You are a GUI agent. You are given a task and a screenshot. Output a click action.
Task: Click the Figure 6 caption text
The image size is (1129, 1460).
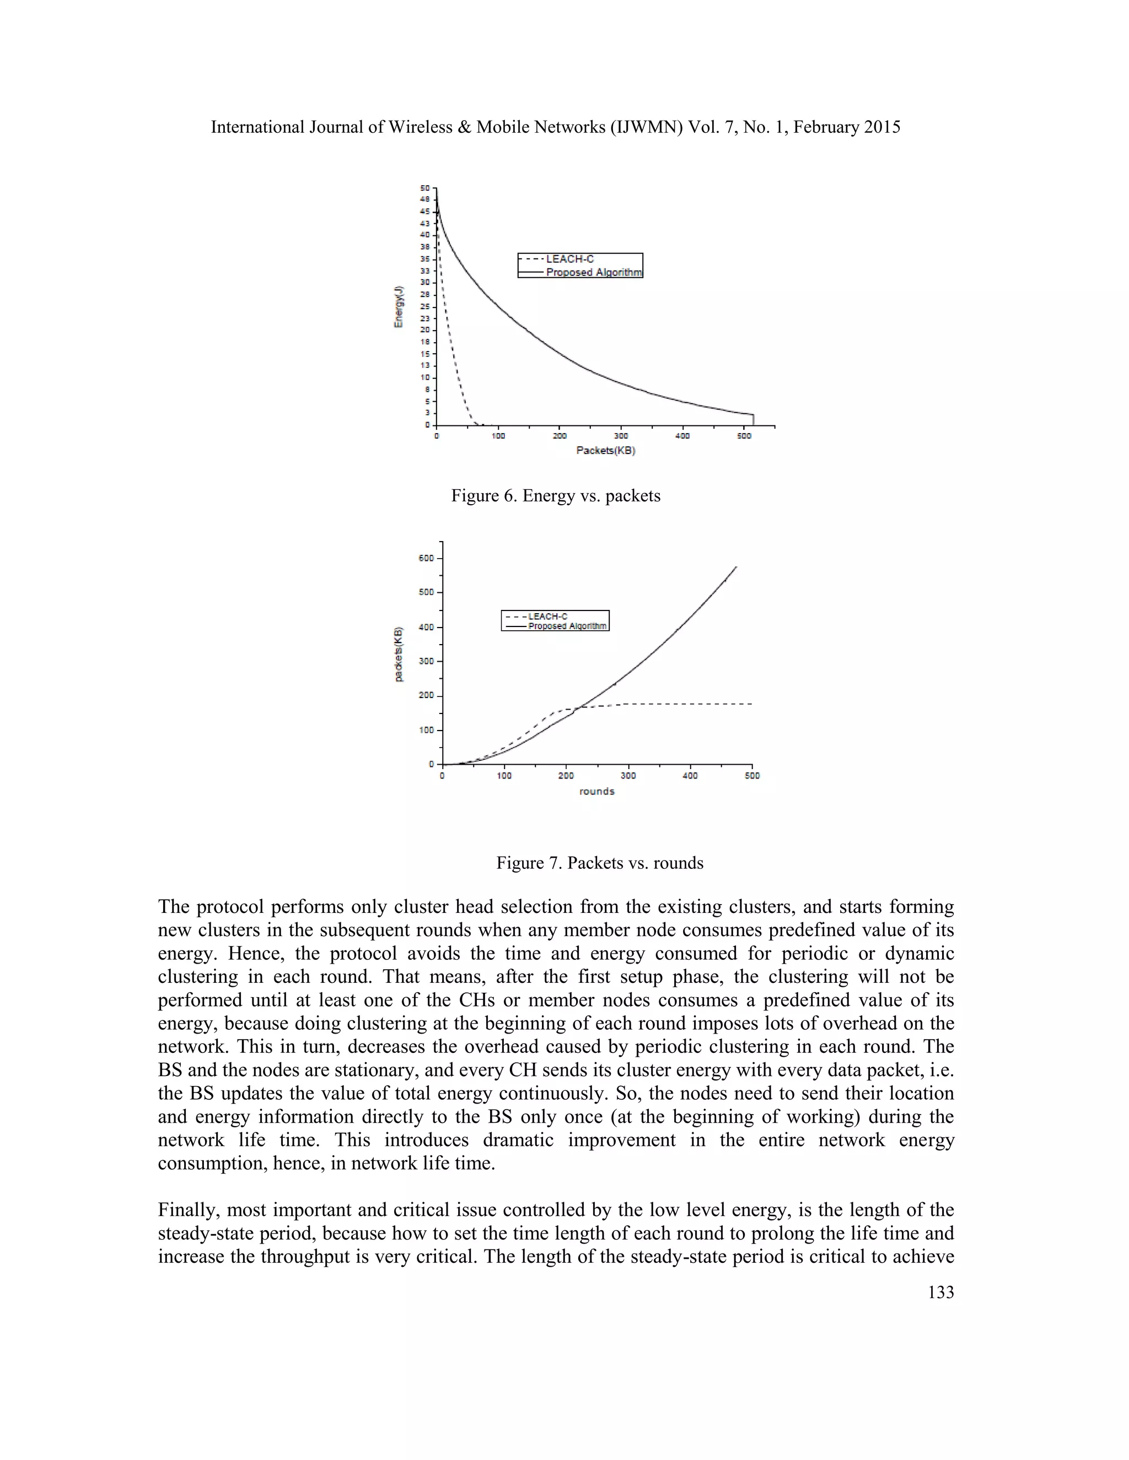pyautogui.click(x=555, y=495)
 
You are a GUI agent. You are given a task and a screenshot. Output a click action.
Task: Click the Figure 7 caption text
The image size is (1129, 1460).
pyautogui.click(x=599, y=862)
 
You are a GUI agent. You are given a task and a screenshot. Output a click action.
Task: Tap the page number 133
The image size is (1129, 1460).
pyautogui.click(x=940, y=1292)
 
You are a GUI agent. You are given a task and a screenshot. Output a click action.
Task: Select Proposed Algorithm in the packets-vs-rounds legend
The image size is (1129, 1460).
pyautogui.click(x=567, y=626)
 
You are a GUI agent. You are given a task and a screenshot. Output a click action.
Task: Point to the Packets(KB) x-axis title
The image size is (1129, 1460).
pyautogui.click(x=605, y=451)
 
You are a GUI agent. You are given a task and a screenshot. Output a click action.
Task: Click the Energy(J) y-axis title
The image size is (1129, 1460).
pyautogui.click(x=399, y=307)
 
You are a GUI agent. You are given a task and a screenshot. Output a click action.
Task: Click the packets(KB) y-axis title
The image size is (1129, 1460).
pyautogui.click(x=399, y=654)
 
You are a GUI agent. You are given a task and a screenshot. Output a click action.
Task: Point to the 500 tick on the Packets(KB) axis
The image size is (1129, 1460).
pyautogui.click(x=744, y=436)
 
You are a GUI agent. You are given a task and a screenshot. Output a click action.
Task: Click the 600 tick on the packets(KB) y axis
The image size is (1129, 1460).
pyautogui.click(x=427, y=558)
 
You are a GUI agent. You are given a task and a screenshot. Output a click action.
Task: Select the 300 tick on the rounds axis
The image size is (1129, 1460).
pyautogui.click(x=627, y=776)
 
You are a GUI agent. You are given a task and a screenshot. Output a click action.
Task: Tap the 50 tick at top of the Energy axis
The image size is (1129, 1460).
pyautogui.click(x=424, y=188)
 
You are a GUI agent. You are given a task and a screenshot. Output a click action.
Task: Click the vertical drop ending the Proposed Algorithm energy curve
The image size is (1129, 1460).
pyautogui.click(x=754, y=420)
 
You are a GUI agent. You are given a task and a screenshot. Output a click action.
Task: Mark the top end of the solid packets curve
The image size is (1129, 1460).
pyautogui.click(x=736, y=567)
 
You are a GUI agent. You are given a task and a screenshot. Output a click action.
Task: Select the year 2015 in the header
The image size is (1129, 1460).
pyautogui.click(x=881, y=127)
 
